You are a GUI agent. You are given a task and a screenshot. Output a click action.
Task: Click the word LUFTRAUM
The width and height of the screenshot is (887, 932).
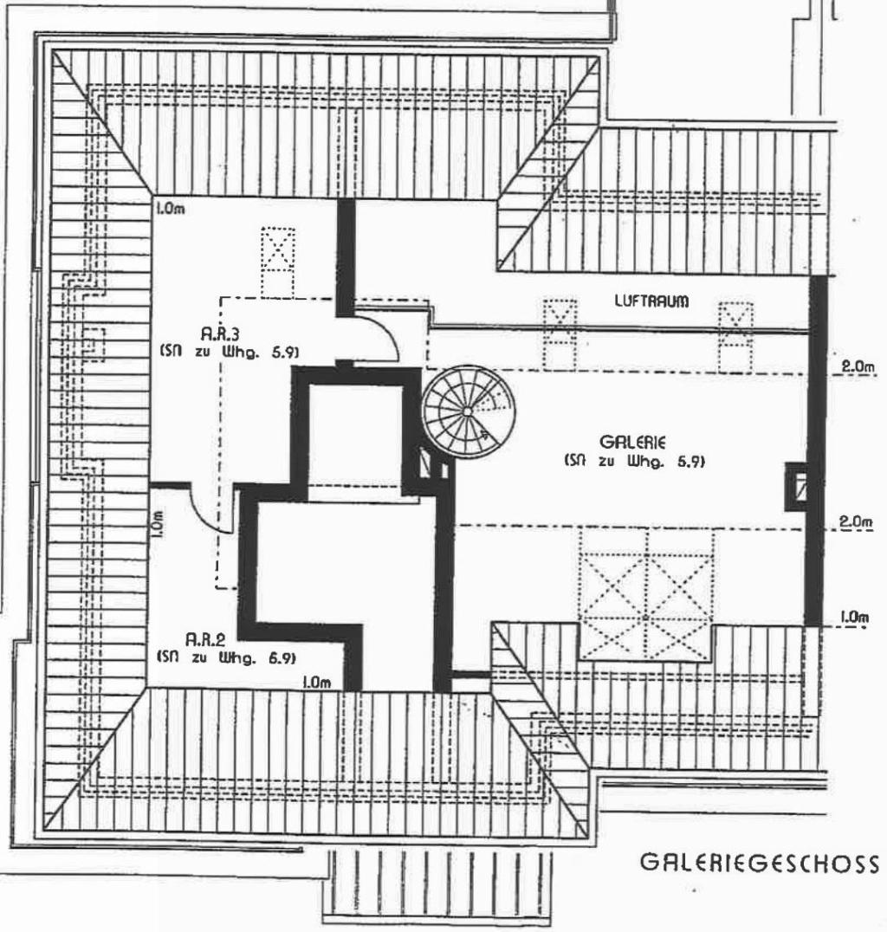click(x=651, y=301)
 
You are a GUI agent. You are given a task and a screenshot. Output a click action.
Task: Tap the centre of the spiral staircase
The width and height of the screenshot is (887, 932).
click(x=467, y=410)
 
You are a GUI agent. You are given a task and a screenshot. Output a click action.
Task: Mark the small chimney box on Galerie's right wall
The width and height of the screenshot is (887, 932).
click(x=796, y=487)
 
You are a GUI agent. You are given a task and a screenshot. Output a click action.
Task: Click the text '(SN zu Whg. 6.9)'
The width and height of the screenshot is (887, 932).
click(x=227, y=658)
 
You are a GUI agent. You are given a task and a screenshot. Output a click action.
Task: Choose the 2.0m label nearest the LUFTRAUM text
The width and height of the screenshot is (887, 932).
click(x=858, y=367)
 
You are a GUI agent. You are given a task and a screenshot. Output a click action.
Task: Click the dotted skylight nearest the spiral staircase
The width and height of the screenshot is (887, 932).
click(x=559, y=333)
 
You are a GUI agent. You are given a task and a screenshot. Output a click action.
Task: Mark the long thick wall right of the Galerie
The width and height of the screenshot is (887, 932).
click(x=815, y=450)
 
